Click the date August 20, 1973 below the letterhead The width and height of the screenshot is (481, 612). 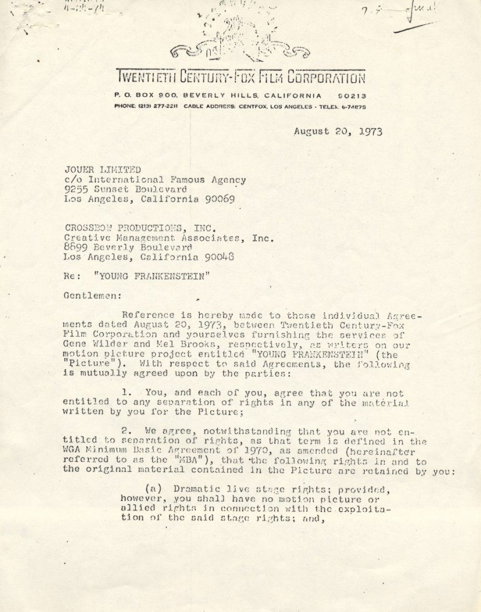coord(338,132)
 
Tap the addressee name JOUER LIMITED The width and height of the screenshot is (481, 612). coord(102,170)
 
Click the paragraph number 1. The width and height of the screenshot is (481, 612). coord(124,392)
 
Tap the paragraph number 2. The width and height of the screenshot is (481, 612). coord(124,431)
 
